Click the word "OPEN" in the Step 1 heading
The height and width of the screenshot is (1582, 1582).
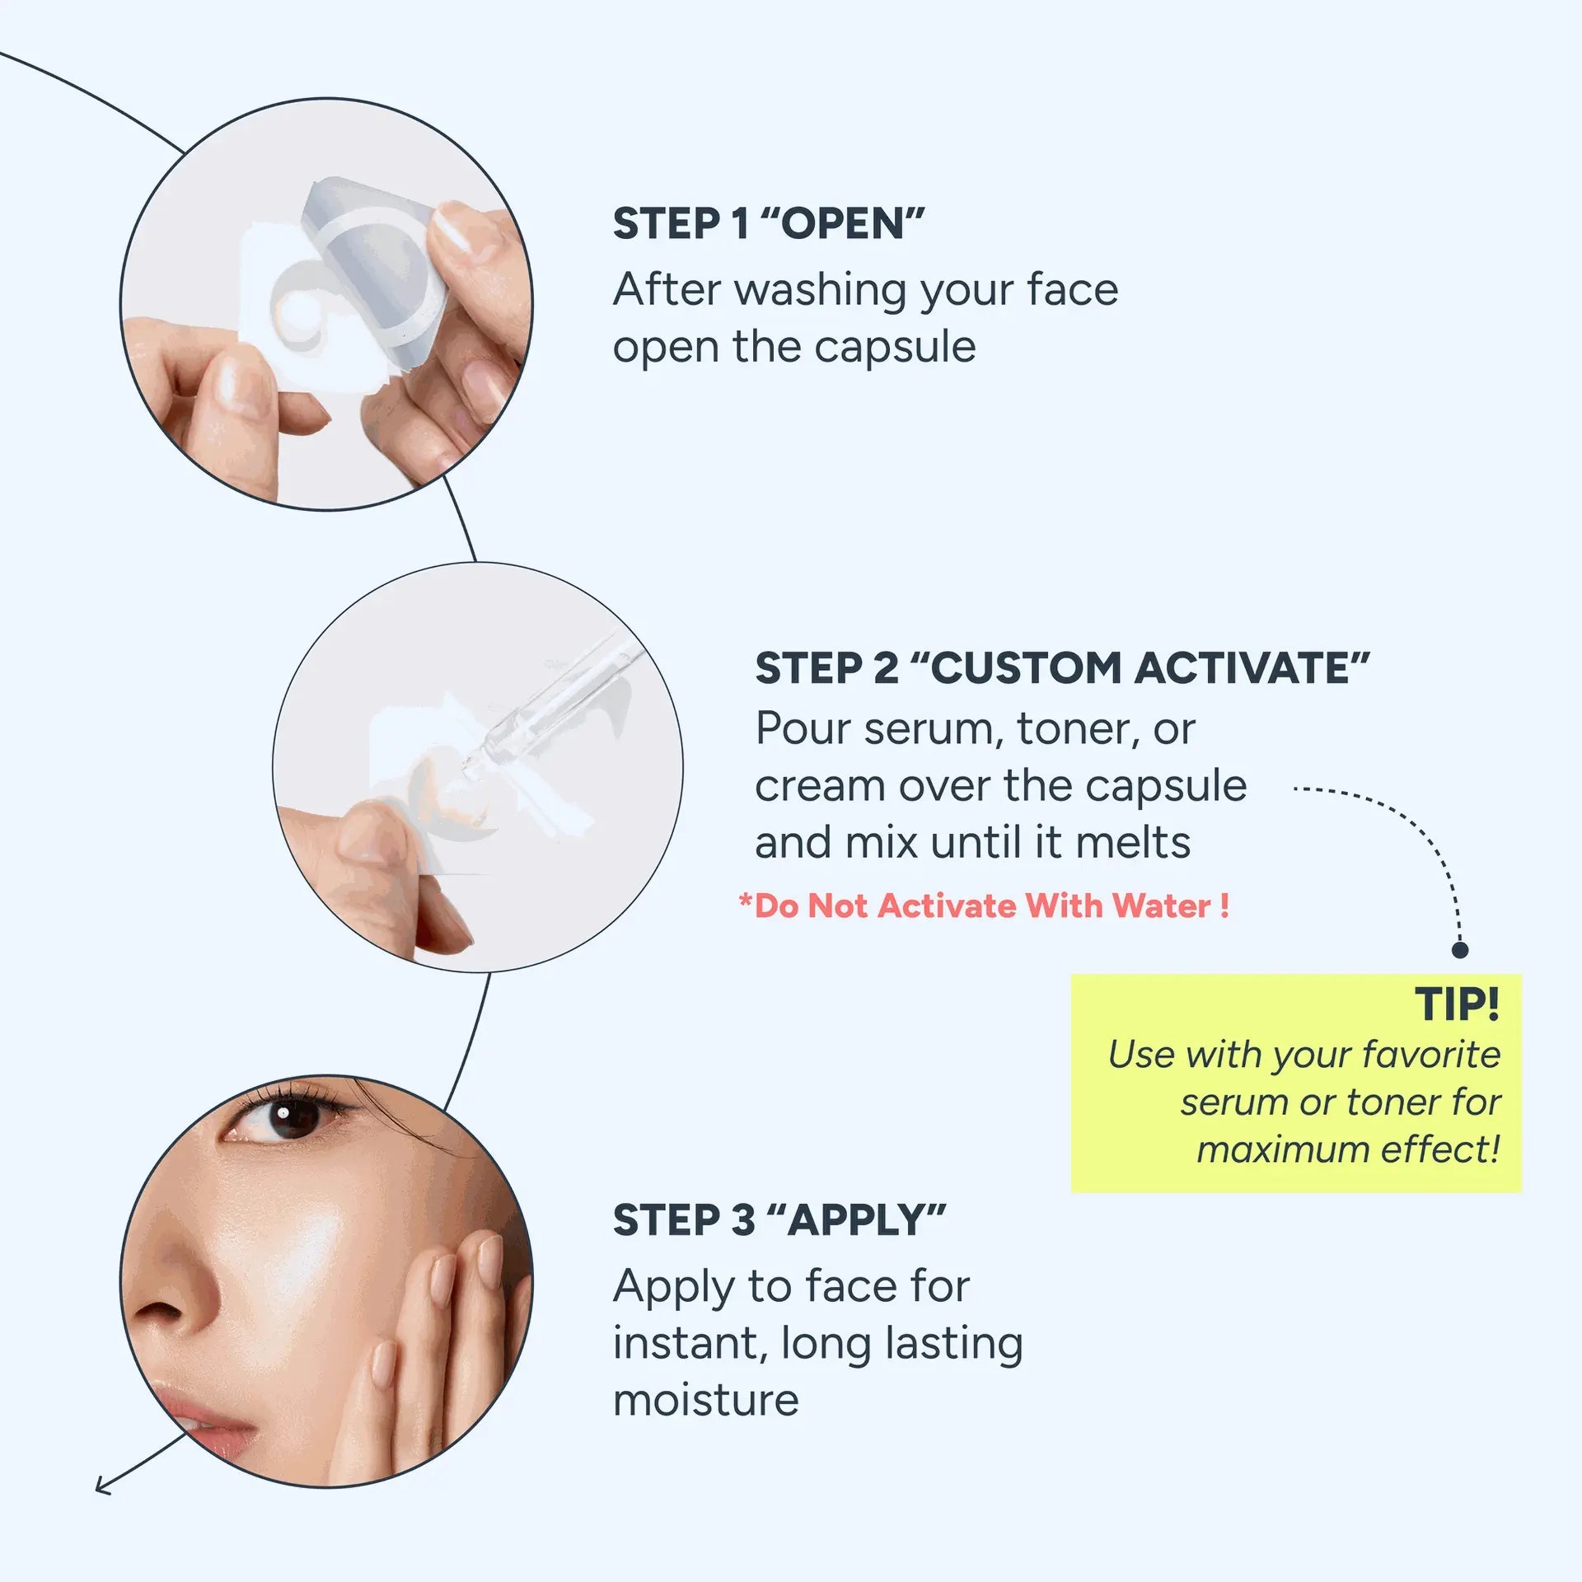click(841, 224)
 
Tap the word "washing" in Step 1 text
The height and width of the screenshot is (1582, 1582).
click(826, 292)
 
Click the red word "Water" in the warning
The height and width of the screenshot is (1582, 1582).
click(1161, 906)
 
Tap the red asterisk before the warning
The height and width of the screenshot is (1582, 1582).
click(746, 901)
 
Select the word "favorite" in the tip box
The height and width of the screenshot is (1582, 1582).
click(1431, 1055)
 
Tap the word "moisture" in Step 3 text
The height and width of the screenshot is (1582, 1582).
click(706, 1400)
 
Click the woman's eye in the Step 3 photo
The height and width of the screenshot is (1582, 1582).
click(284, 1117)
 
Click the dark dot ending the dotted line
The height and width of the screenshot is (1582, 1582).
click(1460, 950)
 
